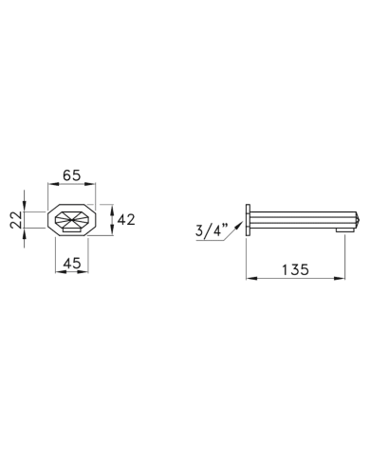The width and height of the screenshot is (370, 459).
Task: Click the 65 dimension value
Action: pyautogui.click(x=71, y=174)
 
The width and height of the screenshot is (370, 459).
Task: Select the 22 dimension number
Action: pyautogui.click(x=16, y=219)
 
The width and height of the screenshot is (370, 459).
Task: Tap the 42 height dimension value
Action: pyautogui.click(x=126, y=219)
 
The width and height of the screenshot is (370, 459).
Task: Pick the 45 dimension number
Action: pyautogui.click(x=72, y=263)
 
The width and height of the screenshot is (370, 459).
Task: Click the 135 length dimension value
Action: pyautogui.click(x=295, y=269)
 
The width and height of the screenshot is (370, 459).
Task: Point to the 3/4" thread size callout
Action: pyautogui.click(x=212, y=229)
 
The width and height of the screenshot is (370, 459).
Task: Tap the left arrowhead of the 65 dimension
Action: pyautogui.click(x=52, y=184)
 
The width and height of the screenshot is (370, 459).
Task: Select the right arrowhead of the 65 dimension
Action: pyautogui.click(x=90, y=184)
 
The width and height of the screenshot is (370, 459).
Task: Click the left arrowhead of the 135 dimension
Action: pyautogui.click(x=251, y=278)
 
